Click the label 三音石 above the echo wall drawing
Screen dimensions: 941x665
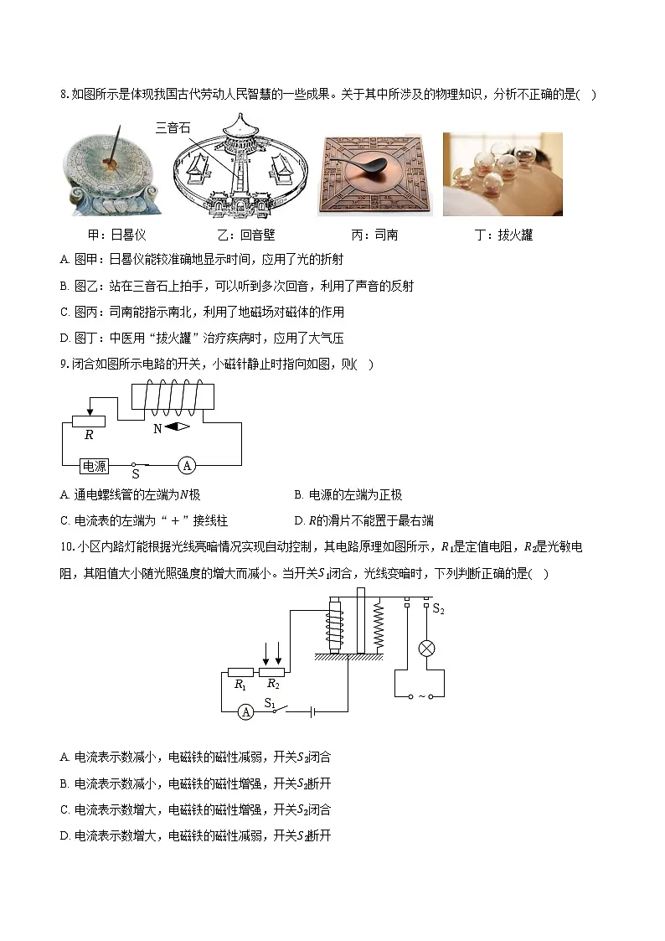[x=173, y=128]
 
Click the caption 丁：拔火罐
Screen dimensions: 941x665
[x=503, y=235]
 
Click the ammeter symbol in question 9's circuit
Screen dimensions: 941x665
[x=188, y=464]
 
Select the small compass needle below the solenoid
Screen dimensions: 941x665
[x=177, y=427]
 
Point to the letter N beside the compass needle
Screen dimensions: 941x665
[x=157, y=428]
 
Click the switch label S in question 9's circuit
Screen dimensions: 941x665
[x=135, y=474]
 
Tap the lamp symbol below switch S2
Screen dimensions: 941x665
[x=425, y=648]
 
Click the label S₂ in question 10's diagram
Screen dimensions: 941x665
[x=438, y=609]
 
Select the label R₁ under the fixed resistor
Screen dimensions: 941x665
[x=240, y=685]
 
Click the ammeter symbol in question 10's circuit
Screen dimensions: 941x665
[x=245, y=711]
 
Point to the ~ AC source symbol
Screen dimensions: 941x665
[x=421, y=696]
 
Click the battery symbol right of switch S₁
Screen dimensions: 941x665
[x=312, y=711]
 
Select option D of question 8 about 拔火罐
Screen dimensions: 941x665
[x=202, y=339]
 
